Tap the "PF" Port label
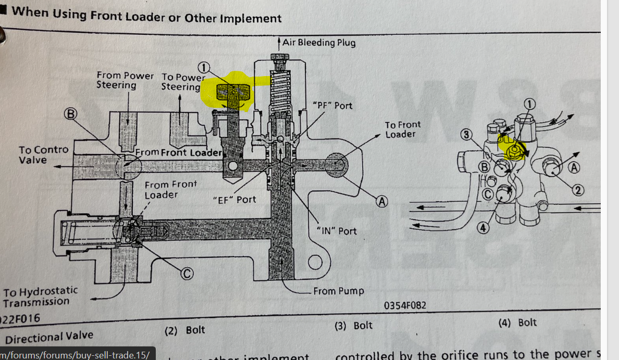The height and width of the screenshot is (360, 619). [332, 106]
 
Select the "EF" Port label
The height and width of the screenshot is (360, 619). [234, 200]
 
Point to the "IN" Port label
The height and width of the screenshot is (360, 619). [337, 230]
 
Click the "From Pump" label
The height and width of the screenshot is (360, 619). [338, 291]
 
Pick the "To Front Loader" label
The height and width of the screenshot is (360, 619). [402, 129]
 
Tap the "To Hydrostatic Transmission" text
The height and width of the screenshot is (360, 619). [40, 296]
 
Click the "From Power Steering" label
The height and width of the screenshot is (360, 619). [125, 80]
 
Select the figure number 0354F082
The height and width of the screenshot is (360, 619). [405, 305]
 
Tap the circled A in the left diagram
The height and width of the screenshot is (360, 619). [382, 202]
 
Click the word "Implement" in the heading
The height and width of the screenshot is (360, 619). [250, 18]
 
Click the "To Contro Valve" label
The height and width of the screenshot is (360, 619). [43, 155]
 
